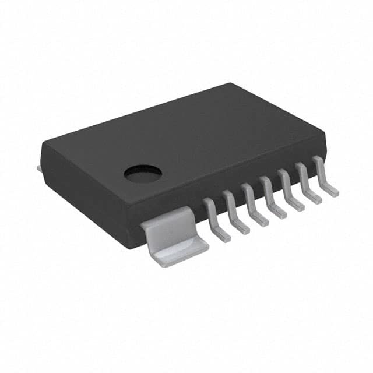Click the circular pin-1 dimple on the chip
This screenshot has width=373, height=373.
point(143,173)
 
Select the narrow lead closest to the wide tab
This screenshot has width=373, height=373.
point(214,219)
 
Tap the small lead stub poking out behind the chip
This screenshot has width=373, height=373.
point(40,168)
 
